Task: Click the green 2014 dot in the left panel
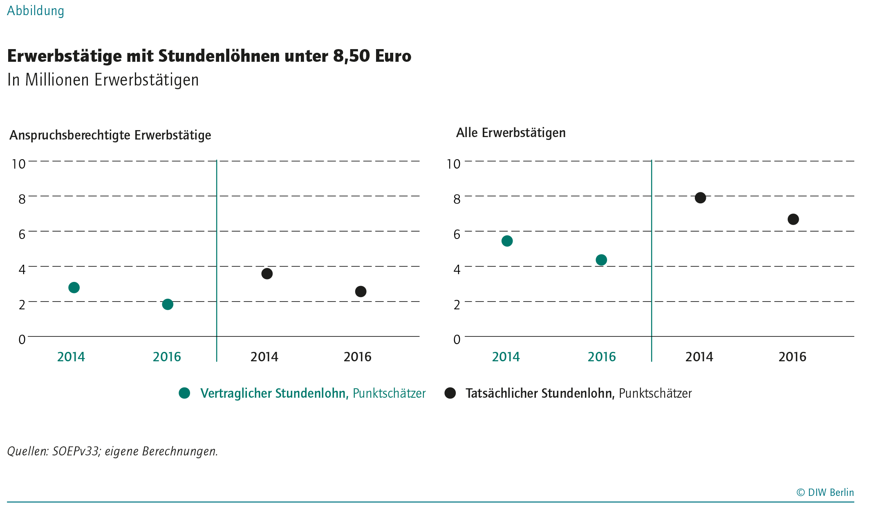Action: pyautogui.click(x=74, y=288)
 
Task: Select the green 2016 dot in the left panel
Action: pyautogui.click(x=168, y=304)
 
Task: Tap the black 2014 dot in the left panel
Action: pyautogui.click(x=267, y=274)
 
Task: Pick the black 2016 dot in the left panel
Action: pyautogui.click(x=361, y=292)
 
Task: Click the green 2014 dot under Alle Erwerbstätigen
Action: pyautogui.click(x=507, y=241)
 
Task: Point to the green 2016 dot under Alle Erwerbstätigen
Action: pyautogui.click(x=601, y=260)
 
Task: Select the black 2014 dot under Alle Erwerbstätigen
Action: pyautogui.click(x=700, y=198)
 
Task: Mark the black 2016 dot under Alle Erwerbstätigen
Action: pyautogui.click(x=793, y=219)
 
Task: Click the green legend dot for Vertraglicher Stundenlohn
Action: pyautogui.click(x=185, y=393)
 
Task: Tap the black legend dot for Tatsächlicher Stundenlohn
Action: pyautogui.click(x=450, y=393)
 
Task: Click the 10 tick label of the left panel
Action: pyautogui.click(x=19, y=164)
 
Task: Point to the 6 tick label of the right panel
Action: pyautogui.click(x=457, y=234)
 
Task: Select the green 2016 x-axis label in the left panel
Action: pyautogui.click(x=167, y=357)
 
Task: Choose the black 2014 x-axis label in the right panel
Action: pyautogui.click(x=699, y=357)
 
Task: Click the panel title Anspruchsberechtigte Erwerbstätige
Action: pyautogui.click(x=110, y=135)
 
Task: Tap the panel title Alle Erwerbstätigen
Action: pyautogui.click(x=511, y=133)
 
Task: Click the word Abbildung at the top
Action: pyautogui.click(x=36, y=11)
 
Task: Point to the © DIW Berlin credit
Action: pyautogui.click(x=825, y=492)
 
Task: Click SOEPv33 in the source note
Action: pyautogui.click(x=76, y=451)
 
